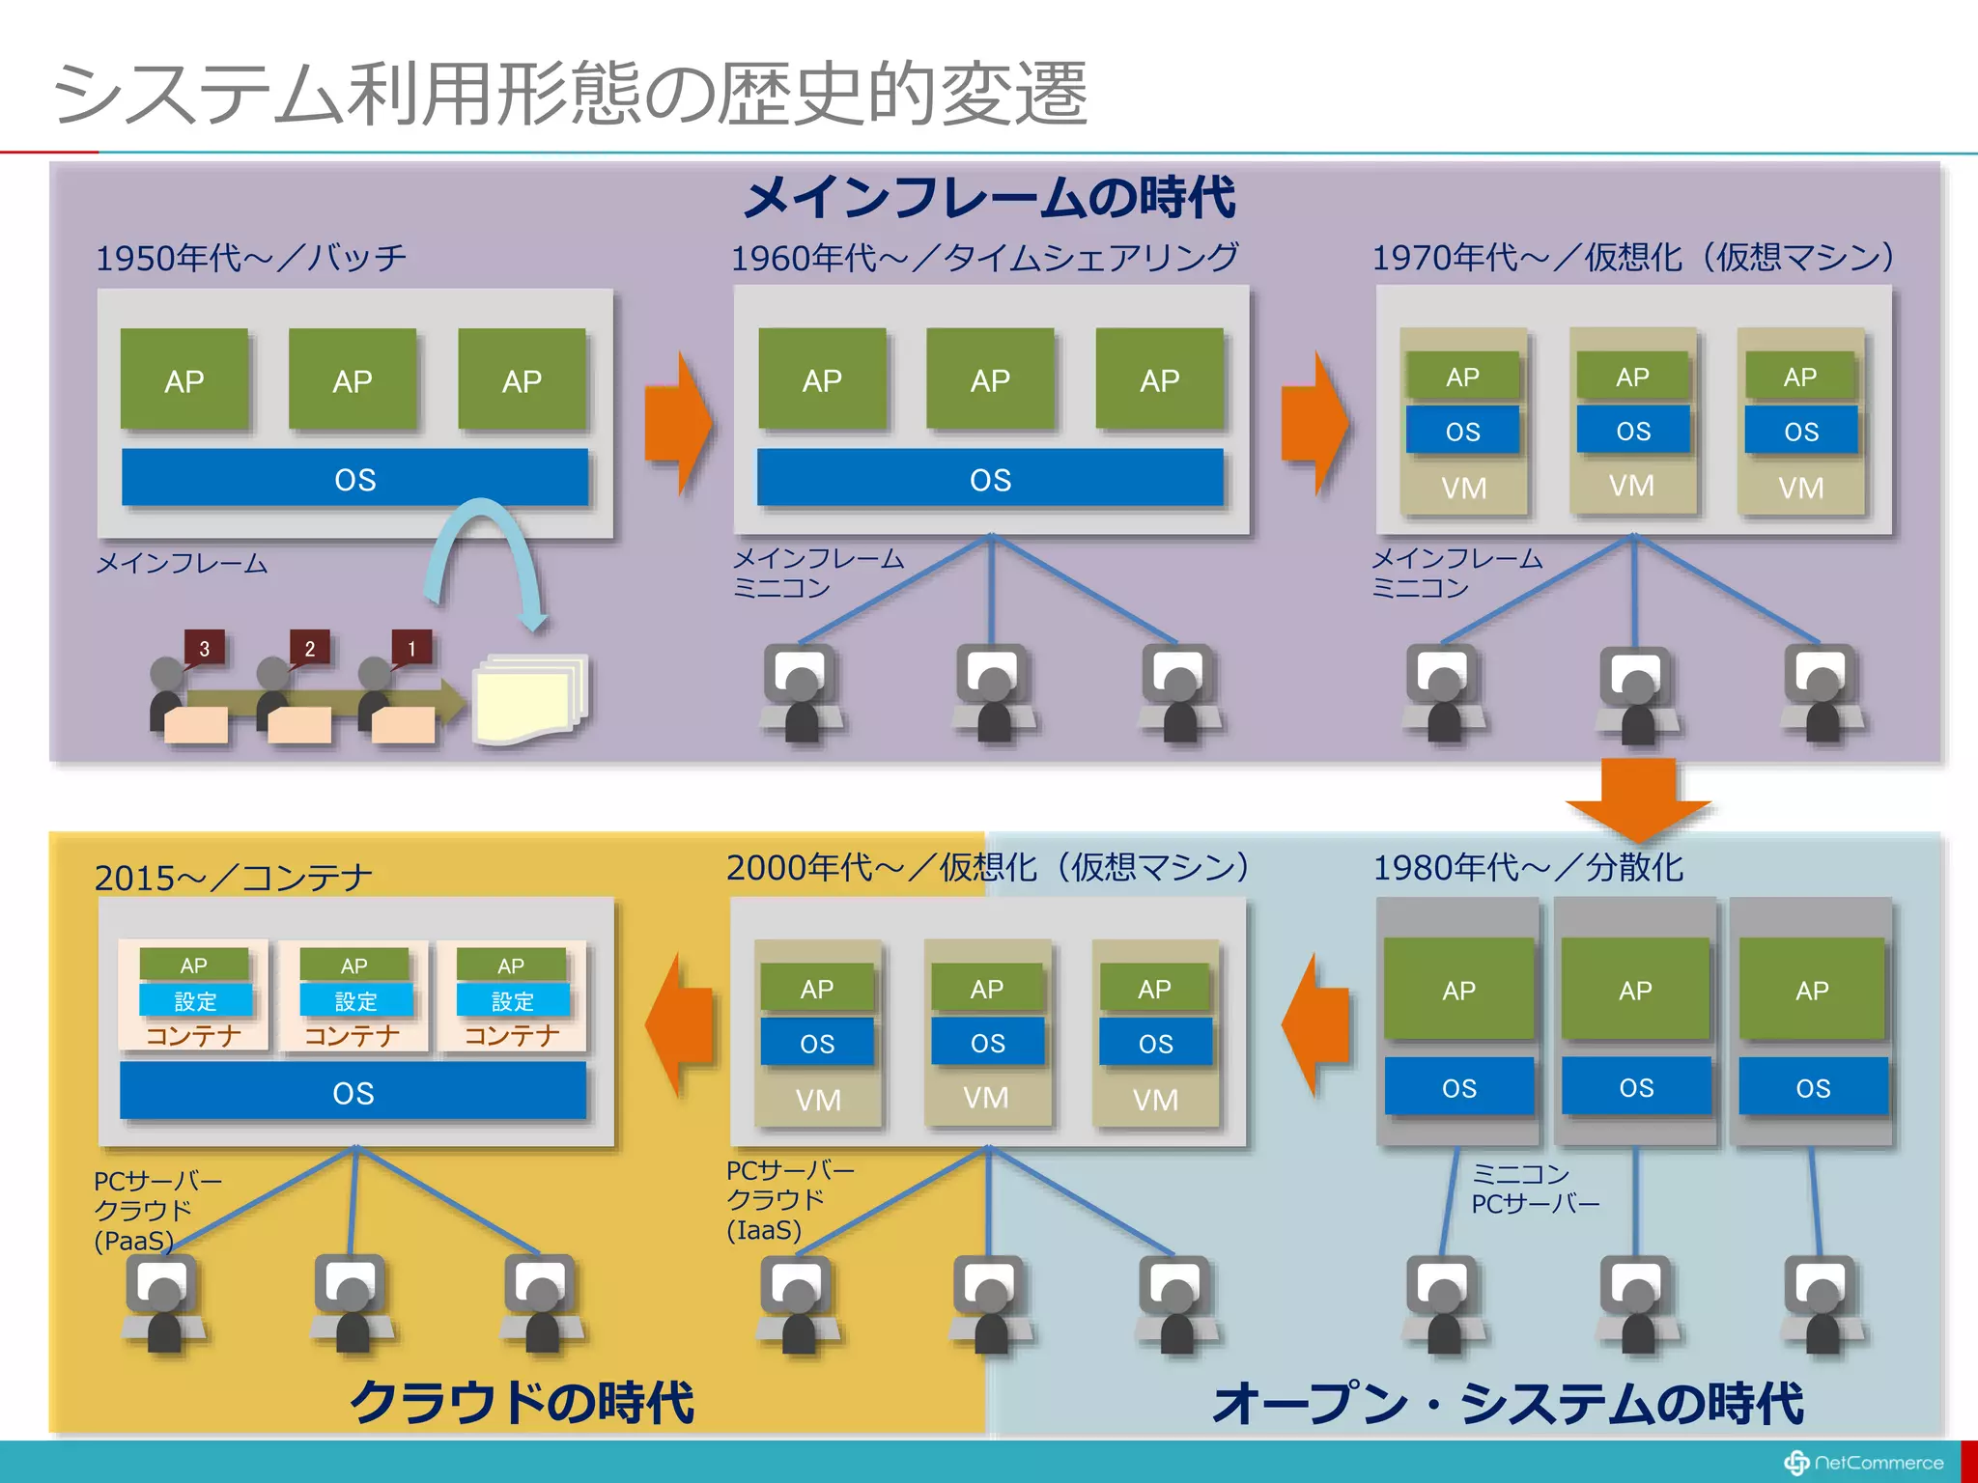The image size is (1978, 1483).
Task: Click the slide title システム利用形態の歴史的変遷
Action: point(570,94)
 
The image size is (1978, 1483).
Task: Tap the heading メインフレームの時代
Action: point(989,198)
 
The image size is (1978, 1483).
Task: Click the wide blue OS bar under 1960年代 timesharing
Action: point(990,478)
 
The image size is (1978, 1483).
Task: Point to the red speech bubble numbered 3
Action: point(204,648)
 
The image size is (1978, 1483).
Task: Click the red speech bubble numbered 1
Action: point(411,648)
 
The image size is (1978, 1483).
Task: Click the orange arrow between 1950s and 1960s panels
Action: point(678,423)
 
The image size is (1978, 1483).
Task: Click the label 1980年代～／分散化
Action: point(1528,867)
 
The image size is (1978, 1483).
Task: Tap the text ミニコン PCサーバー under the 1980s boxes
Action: point(1535,1189)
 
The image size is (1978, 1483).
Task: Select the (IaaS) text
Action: point(764,1230)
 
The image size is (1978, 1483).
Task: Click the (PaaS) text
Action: point(133,1241)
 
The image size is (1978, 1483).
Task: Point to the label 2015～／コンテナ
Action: point(233,877)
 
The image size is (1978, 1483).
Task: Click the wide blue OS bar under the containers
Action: point(353,1092)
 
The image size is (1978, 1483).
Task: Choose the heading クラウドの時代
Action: point(522,1402)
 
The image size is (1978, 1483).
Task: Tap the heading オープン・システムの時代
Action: point(1508,1403)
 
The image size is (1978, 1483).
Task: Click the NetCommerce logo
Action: point(1863,1463)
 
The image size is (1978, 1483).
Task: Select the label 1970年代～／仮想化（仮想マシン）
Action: point(1632,257)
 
